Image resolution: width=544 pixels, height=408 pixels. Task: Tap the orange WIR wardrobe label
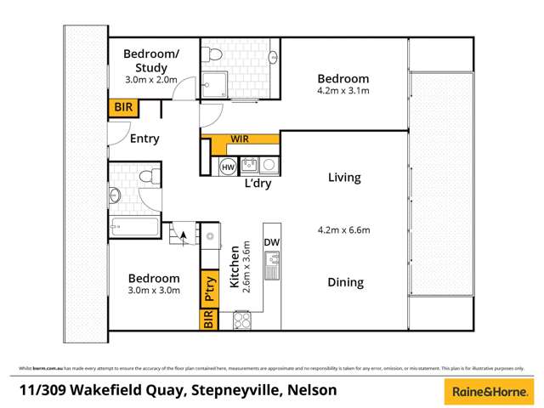(241, 139)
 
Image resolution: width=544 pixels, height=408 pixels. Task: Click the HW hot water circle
(227, 167)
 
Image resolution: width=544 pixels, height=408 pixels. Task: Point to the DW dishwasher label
(271, 243)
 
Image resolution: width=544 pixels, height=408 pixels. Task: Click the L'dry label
(257, 184)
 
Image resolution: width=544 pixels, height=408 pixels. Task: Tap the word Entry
(144, 139)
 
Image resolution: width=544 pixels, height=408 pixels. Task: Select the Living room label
(344, 178)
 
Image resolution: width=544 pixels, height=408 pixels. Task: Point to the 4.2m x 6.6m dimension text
(344, 229)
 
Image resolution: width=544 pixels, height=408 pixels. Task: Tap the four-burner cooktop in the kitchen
(241, 320)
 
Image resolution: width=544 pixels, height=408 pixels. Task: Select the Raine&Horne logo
(487, 391)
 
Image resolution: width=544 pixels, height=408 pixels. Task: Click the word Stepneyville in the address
(243, 391)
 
